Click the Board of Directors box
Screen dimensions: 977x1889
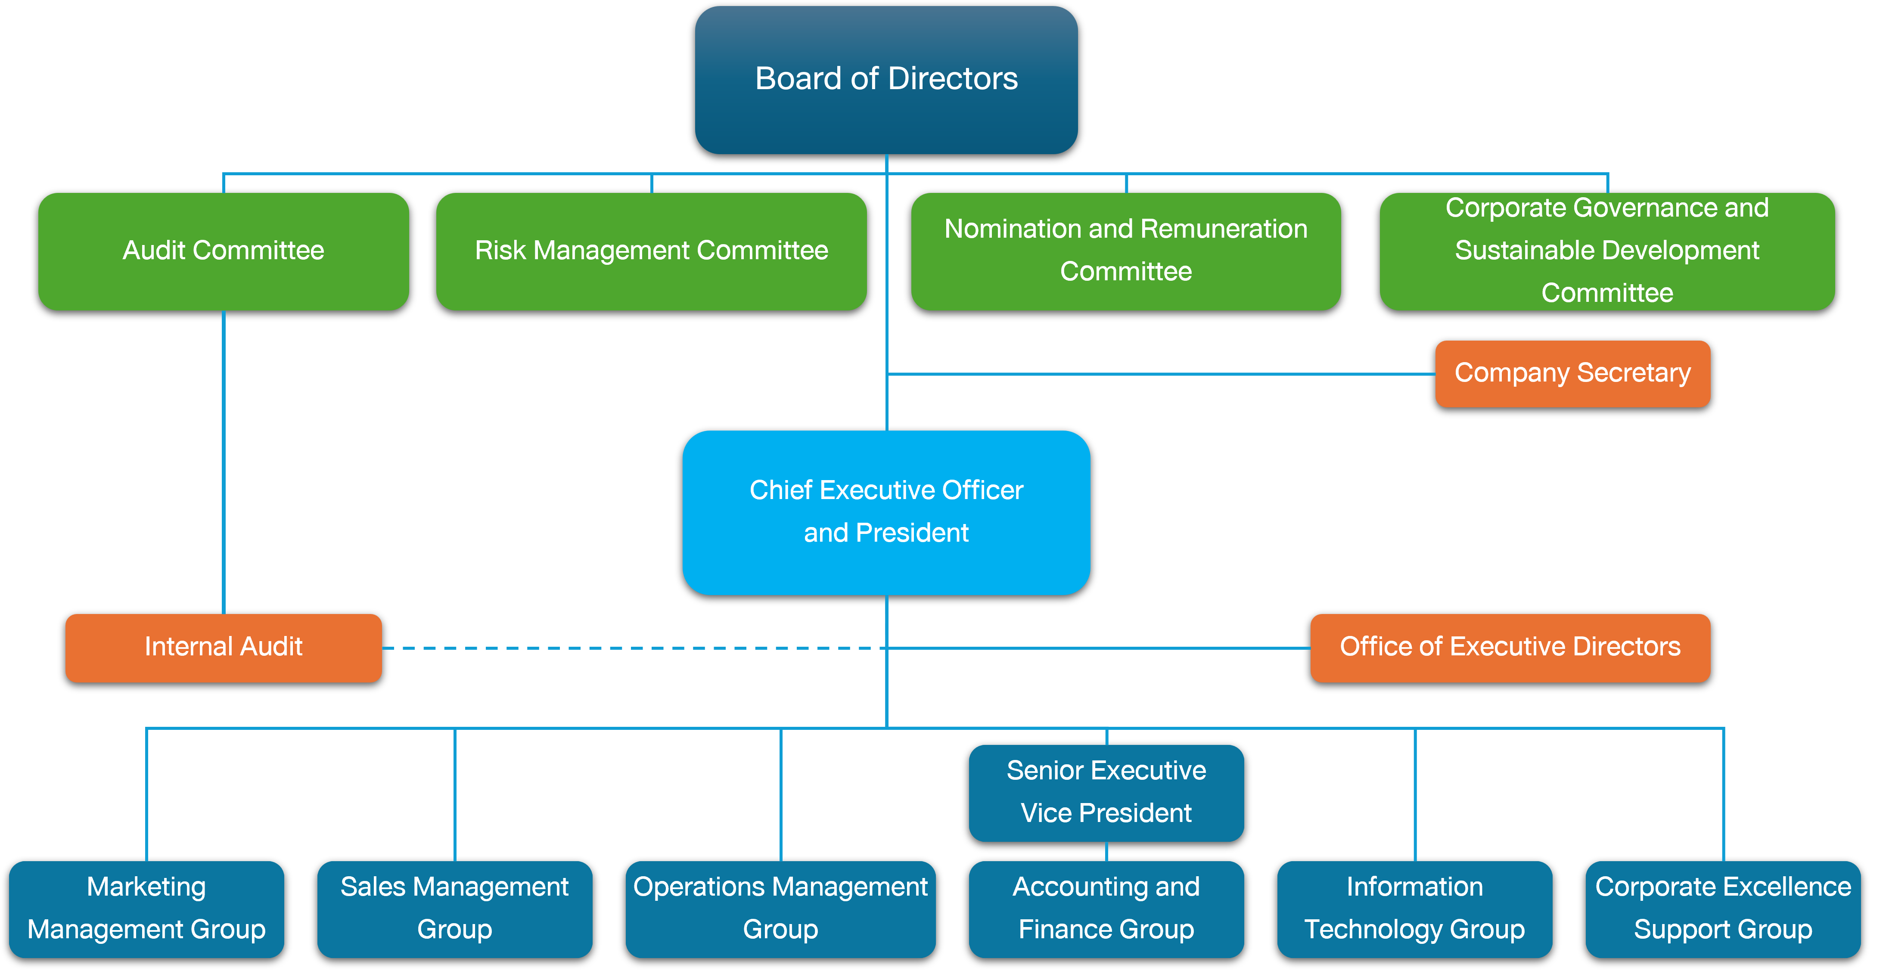point(886,79)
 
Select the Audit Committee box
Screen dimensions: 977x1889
point(223,251)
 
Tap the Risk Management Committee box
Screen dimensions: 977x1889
point(651,251)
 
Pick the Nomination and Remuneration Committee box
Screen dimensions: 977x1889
point(1126,251)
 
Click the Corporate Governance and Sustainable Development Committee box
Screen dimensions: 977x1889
point(1606,251)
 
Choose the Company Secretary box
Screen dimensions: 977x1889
point(1572,373)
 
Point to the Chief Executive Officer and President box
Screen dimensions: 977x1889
point(886,512)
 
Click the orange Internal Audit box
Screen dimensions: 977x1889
point(223,647)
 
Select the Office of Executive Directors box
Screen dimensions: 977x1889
point(1510,647)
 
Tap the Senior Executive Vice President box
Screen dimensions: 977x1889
point(1106,792)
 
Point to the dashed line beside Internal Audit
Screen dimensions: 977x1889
point(631,648)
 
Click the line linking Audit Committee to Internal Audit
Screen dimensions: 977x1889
point(224,462)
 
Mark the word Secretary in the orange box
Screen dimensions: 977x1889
point(1634,373)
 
